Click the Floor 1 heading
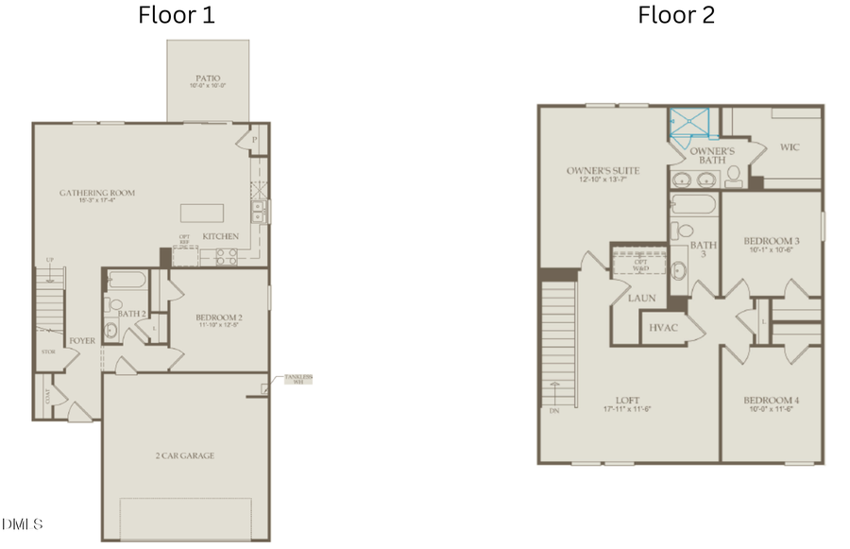click(177, 15)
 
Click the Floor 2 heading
click(676, 15)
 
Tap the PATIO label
click(209, 79)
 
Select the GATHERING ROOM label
click(97, 193)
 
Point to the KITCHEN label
click(219, 235)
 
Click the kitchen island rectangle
click(203, 211)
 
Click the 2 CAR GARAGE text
click(185, 455)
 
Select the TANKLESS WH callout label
click(297, 380)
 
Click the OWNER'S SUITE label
click(603, 171)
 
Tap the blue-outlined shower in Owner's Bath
click(688, 125)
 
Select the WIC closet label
click(790, 147)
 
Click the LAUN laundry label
click(641, 298)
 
